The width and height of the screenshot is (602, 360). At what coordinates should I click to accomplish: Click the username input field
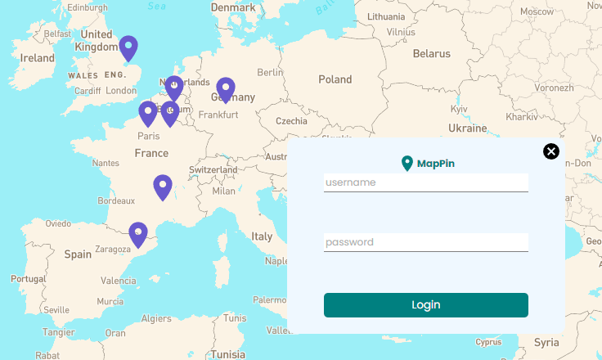point(425,182)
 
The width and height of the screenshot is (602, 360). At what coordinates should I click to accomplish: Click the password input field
point(425,242)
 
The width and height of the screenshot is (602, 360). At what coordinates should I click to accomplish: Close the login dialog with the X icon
point(551,151)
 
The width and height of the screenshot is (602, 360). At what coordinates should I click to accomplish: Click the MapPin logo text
point(435,164)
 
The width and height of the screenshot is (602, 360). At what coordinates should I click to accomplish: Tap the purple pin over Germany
point(226,89)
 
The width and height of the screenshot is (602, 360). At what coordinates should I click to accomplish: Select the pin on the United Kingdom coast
point(128,48)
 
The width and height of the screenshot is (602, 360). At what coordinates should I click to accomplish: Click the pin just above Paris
point(148,113)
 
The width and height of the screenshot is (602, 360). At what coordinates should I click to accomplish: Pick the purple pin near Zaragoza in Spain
point(138,234)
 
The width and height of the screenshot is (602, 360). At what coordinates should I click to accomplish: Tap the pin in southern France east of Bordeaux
point(163,187)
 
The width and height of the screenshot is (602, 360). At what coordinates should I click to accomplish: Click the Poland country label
point(335,79)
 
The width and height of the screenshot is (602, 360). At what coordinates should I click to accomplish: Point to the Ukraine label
point(467,128)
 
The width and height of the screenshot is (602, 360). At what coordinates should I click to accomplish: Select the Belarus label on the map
point(431,54)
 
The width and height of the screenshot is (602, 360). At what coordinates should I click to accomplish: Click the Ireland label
point(37,58)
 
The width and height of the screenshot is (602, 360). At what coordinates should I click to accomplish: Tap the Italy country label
point(262,236)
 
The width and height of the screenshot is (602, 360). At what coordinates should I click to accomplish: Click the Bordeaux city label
point(116,200)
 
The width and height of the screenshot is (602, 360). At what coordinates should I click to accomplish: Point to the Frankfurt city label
point(218,115)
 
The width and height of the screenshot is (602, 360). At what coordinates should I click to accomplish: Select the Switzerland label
point(213,170)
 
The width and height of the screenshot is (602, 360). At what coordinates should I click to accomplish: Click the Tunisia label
point(227,354)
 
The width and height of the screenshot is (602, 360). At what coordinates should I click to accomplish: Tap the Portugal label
point(29,279)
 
